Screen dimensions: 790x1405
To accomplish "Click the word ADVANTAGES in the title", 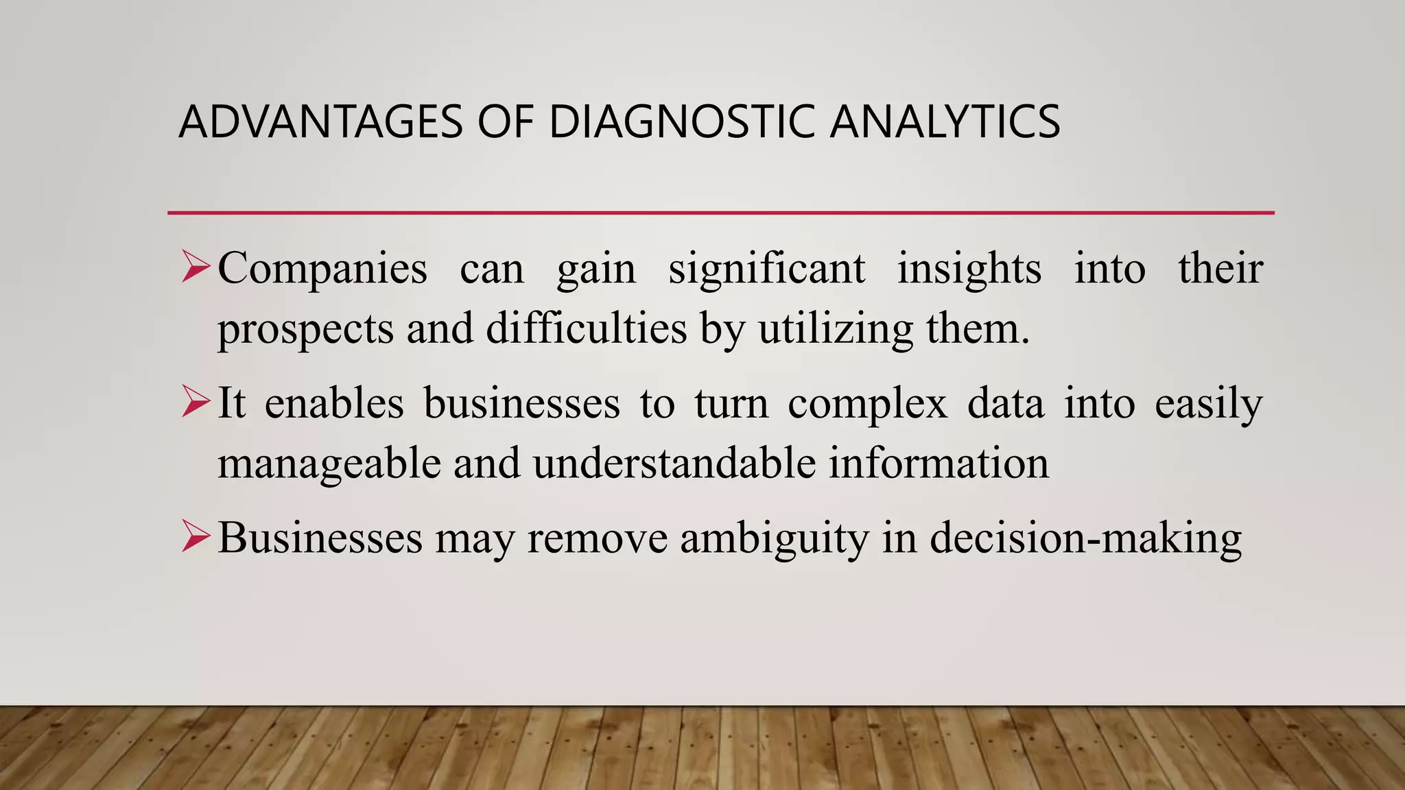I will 321,122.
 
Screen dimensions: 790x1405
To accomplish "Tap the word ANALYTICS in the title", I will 945,122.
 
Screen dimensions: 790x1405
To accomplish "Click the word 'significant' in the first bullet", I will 766,269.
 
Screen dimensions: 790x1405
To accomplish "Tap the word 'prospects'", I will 305,329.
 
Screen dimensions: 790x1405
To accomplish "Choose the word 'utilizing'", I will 836,329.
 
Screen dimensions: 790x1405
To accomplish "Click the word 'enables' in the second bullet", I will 334,403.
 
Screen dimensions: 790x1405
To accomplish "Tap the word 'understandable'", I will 674,463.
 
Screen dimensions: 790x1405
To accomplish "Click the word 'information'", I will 938,463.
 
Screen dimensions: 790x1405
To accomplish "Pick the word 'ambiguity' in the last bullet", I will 775,539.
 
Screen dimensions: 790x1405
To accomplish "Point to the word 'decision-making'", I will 1085,539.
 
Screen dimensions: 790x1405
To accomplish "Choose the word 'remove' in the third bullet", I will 597,538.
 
